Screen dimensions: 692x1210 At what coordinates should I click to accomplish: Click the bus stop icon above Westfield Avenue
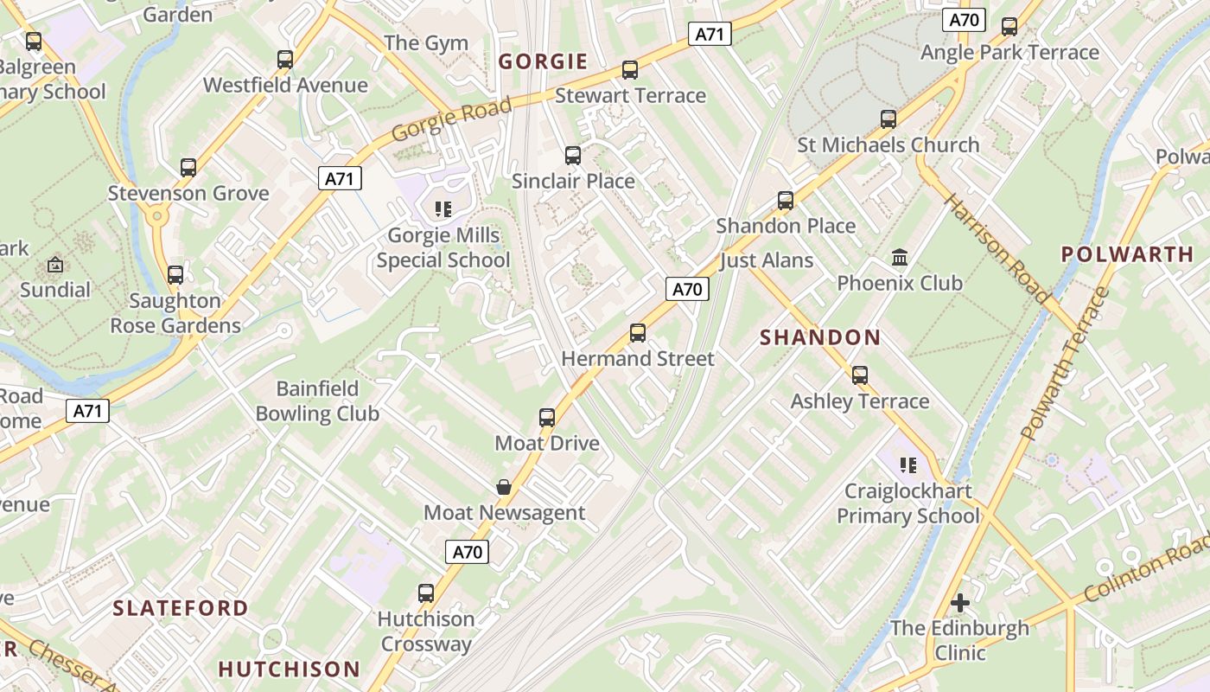pos(285,60)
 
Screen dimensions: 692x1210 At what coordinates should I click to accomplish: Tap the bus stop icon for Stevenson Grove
pos(188,168)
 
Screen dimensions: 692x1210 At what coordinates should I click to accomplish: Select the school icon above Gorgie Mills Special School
pos(443,209)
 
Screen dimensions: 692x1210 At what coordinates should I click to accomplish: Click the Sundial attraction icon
pos(55,266)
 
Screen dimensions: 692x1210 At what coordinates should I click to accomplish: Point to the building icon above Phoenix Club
pos(900,258)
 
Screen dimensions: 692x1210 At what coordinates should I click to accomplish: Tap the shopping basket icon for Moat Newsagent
pos(504,488)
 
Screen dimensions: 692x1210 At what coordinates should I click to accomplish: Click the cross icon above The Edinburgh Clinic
pos(959,603)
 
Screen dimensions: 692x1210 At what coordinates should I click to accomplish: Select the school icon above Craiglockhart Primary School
pos(907,466)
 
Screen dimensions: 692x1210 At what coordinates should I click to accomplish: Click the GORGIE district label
pos(544,61)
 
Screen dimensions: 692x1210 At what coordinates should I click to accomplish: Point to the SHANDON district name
pos(820,338)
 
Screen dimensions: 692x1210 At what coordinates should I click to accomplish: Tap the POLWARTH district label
pos(1127,254)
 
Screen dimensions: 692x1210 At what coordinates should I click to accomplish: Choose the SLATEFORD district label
pos(181,608)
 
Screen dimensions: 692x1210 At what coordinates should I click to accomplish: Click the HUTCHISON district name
pos(289,669)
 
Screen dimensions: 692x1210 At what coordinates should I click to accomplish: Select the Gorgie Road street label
pos(451,119)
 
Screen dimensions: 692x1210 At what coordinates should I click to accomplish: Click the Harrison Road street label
pos(997,247)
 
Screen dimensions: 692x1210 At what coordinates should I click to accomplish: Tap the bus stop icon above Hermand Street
pos(638,333)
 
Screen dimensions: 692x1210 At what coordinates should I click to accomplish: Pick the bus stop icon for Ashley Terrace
pos(860,375)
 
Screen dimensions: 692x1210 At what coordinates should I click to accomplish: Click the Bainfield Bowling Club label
pos(317,401)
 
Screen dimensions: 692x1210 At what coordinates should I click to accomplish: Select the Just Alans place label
pos(767,260)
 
